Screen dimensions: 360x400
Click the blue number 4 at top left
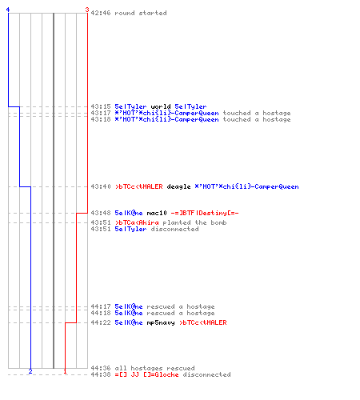(x=8, y=10)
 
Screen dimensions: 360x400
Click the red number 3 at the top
(x=87, y=10)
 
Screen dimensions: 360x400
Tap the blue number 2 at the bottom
(x=30, y=371)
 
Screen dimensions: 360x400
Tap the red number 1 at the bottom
(x=65, y=371)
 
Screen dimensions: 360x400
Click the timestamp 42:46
(x=101, y=13)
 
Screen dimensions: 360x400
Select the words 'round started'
(x=141, y=13)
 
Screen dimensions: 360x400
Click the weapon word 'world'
(x=161, y=106)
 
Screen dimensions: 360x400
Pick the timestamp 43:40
(x=101, y=186)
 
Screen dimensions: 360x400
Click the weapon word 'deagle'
(x=178, y=186)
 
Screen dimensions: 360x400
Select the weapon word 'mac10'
(x=157, y=213)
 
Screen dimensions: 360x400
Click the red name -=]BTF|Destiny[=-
(x=205, y=213)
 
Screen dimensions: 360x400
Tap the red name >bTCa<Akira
(x=137, y=222)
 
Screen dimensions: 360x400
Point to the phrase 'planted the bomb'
(x=194, y=222)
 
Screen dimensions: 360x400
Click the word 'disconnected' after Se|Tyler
(x=174, y=229)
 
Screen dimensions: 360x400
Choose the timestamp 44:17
(x=101, y=306)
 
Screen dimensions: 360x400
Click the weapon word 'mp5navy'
(x=161, y=322)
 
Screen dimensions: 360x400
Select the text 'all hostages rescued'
(x=154, y=368)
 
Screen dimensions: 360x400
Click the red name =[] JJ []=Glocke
(x=146, y=374)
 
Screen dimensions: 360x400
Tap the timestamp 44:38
(x=101, y=374)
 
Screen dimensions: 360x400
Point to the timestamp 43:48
(x=101, y=213)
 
